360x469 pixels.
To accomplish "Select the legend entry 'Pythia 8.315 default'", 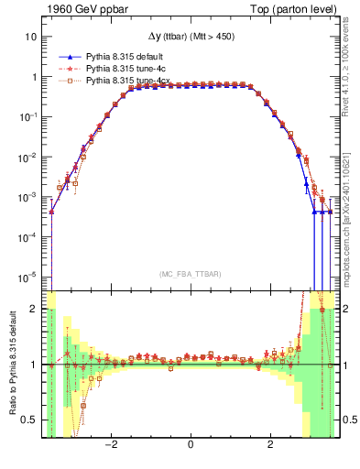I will click(x=125, y=55).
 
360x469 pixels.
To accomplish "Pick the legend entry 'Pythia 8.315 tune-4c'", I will click(x=126, y=68).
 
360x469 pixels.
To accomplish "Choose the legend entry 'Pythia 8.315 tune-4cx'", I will click(x=129, y=81).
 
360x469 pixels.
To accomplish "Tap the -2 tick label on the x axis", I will click(x=111, y=445).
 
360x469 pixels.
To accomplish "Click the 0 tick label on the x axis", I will click(x=191, y=445).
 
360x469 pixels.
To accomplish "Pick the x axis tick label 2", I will click(x=270, y=445).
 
